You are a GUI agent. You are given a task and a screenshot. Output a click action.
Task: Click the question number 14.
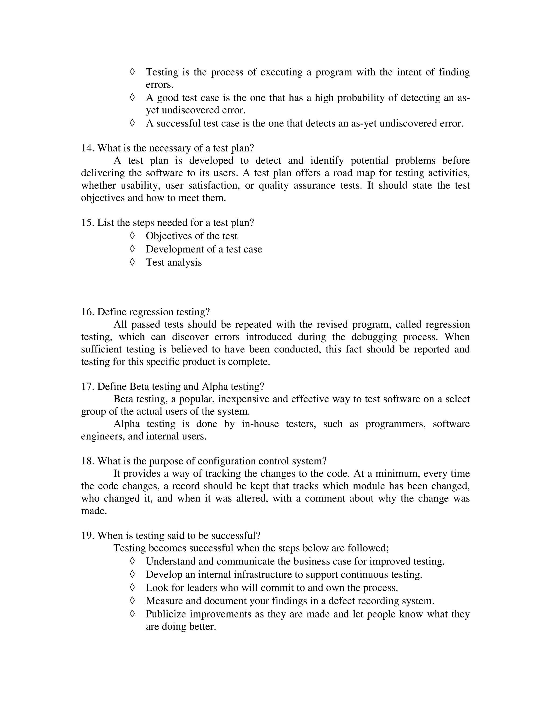click(87, 148)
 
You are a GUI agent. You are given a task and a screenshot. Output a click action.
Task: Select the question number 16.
click(87, 312)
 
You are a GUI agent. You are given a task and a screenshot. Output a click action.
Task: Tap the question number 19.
click(87, 535)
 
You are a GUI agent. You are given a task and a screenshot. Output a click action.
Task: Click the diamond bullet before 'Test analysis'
click(132, 262)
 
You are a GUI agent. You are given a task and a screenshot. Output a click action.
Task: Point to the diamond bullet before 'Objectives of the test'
click(132, 235)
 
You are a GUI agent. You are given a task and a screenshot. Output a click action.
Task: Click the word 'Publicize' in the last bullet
click(165, 614)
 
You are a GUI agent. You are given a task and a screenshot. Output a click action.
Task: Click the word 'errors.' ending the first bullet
click(159, 84)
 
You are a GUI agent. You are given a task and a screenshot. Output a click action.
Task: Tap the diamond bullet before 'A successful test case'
click(132, 123)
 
